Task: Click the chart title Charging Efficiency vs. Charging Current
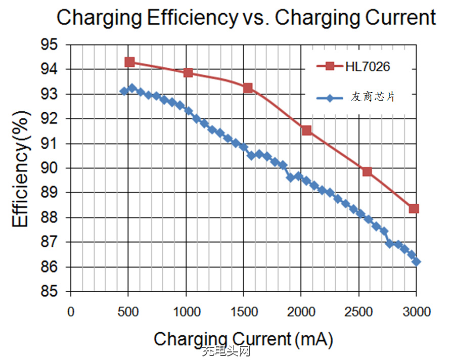click(x=246, y=18)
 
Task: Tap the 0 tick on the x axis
click(x=71, y=312)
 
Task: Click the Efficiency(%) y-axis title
click(x=21, y=169)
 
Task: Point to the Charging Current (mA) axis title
click(x=243, y=339)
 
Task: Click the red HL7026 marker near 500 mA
click(x=129, y=62)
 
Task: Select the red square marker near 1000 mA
click(x=188, y=72)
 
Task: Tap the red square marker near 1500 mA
click(x=248, y=87)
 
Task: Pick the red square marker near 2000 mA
click(x=306, y=130)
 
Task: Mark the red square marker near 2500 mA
click(x=367, y=171)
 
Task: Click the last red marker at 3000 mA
click(x=414, y=208)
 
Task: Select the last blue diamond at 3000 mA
click(x=416, y=261)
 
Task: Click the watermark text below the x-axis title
click(x=225, y=352)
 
